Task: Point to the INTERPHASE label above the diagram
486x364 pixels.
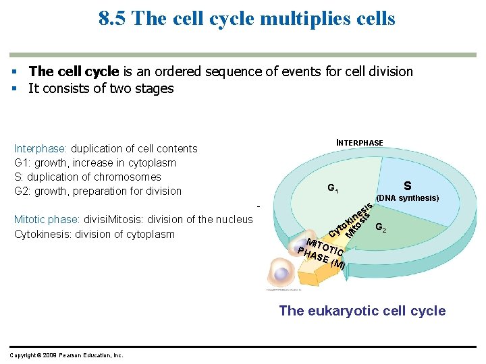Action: coord(360,143)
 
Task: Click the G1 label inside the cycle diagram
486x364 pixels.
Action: coord(332,188)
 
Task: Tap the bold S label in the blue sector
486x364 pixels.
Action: coord(407,185)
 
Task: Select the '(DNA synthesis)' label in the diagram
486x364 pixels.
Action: coord(408,198)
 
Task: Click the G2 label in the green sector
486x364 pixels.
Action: coord(381,227)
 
